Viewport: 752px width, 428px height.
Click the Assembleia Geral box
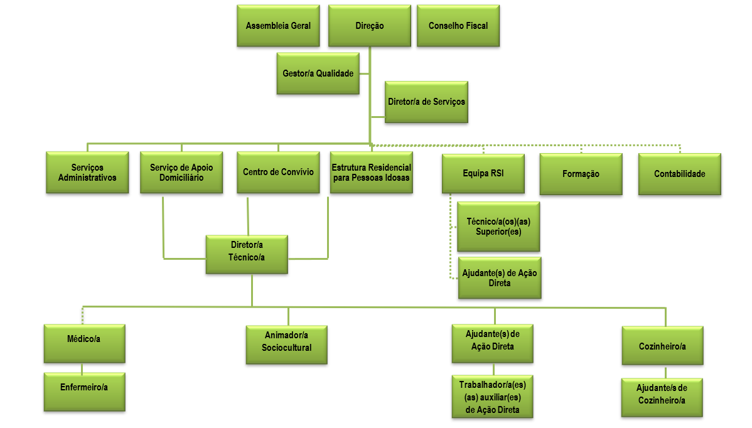tap(278, 26)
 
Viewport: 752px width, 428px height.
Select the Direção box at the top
tap(369, 26)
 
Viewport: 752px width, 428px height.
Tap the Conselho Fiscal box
tap(458, 26)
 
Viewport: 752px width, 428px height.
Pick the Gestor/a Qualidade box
tap(318, 73)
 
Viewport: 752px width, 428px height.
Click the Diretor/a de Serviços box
tap(426, 101)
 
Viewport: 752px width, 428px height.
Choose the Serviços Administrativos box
tap(87, 173)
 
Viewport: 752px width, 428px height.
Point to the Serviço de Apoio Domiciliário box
tap(181, 173)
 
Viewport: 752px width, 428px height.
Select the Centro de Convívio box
tap(278, 173)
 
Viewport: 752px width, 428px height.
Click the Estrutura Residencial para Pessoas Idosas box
tap(371, 173)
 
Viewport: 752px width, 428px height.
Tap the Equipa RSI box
tap(483, 173)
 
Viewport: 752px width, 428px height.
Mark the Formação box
tap(581, 174)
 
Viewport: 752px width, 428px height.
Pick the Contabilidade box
tap(679, 174)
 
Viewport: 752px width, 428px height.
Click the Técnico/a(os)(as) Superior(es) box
tap(498, 227)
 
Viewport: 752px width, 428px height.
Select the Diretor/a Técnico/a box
tap(247, 254)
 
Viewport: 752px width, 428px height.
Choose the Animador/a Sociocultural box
tap(286, 344)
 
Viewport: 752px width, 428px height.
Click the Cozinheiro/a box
tap(662, 345)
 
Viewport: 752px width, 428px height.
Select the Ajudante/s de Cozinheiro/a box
tap(662, 397)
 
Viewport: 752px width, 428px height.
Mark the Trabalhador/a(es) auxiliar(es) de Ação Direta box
tap(492, 397)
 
